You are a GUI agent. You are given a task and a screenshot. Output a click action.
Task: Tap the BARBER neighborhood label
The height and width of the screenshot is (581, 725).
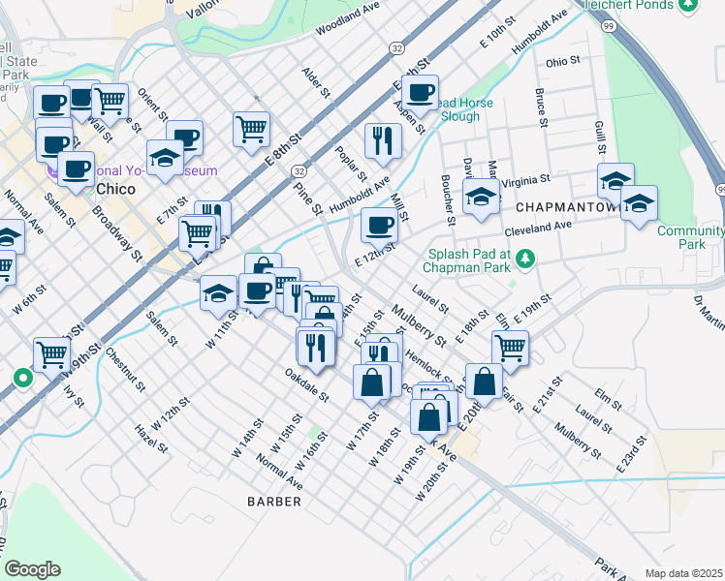274,502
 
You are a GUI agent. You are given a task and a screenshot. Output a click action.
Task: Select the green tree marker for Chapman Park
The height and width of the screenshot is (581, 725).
525,258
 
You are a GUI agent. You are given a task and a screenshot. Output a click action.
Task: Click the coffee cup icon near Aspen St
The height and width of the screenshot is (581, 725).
420,93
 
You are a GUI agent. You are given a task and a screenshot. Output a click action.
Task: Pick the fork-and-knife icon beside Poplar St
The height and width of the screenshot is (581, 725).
383,140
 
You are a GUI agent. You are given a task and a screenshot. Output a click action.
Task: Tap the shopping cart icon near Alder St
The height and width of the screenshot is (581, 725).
251,128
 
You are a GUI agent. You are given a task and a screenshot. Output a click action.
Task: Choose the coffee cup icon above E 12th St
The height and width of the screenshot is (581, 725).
379,226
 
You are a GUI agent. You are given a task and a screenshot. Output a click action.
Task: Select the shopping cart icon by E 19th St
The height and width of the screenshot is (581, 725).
509,348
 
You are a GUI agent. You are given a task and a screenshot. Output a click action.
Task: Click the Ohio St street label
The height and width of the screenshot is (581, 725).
562,61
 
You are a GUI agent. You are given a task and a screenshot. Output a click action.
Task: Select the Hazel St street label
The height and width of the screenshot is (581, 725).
153,440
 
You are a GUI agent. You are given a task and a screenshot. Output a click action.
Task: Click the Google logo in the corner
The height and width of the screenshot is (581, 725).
32,568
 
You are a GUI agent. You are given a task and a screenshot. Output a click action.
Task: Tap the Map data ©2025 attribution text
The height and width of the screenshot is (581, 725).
683,573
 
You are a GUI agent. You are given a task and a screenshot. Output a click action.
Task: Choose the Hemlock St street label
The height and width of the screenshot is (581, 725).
426,365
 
